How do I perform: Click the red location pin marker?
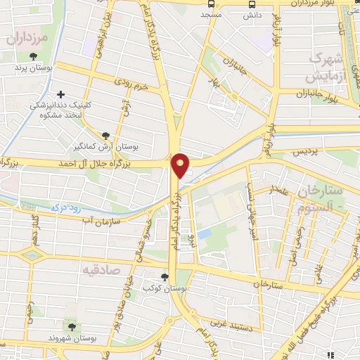coord(181,165)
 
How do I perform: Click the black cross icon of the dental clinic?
coord(61,94)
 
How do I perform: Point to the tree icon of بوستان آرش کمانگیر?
coord(105,135)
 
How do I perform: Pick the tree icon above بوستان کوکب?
coord(165,277)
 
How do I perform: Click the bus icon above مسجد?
coord(212,4)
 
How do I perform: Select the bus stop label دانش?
coord(254,15)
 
